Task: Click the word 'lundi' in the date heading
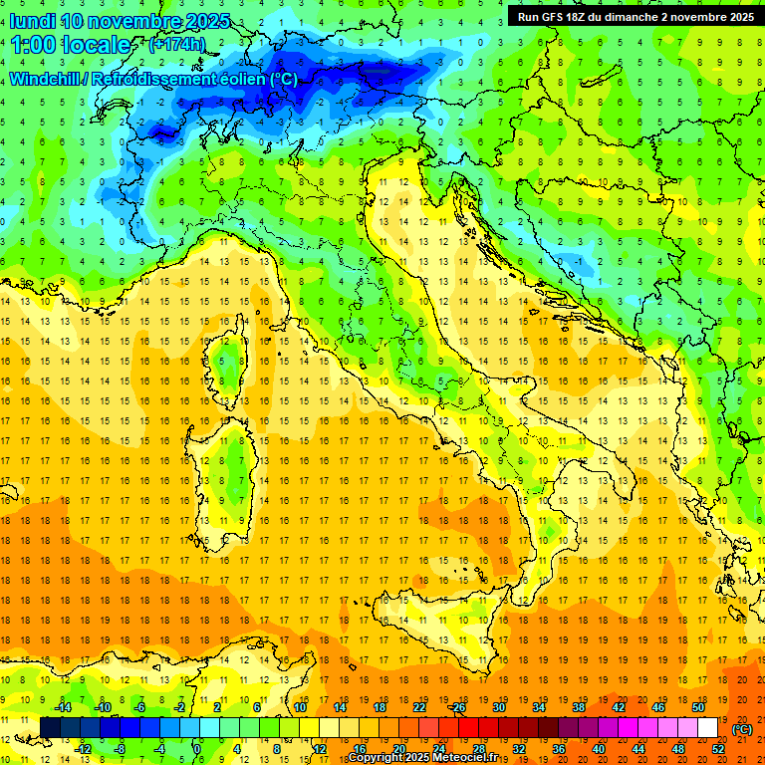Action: click(x=32, y=21)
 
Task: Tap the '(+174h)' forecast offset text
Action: click(x=176, y=45)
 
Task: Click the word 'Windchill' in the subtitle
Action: click(x=47, y=79)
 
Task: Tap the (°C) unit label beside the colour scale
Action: click(x=741, y=729)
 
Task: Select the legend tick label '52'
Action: click(x=718, y=749)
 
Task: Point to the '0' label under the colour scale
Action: click(x=197, y=749)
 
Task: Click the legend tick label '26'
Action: click(x=458, y=707)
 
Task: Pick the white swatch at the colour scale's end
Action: click(x=708, y=728)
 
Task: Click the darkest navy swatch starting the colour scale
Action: click(x=51, y=728)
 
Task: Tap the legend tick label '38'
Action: click(x=578, y=707)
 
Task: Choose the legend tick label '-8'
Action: click(x=121, y=749)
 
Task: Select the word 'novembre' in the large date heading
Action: click(x=139, y=21)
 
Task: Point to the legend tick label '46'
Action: click(x=657, y=707)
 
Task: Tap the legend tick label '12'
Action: click(x=319, y=749)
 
